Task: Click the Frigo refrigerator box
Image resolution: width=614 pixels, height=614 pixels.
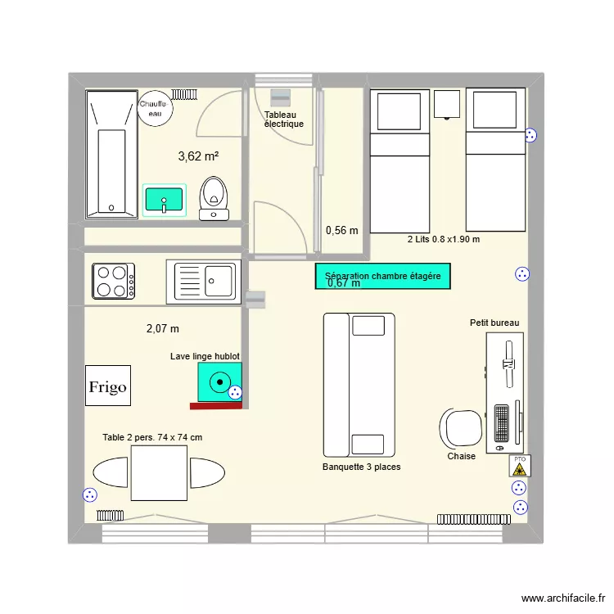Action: [x=108, y=386]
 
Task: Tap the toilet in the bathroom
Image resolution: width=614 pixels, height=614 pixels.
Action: [x=214, y=197]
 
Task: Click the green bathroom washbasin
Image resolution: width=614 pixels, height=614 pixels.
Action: [x=165, y=199]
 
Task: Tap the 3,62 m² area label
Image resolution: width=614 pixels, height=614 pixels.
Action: [x=197, y=156]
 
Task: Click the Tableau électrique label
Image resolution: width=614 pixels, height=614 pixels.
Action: [x=283, y=120]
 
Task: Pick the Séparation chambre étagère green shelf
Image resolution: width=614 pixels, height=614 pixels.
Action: [x=382, y=277]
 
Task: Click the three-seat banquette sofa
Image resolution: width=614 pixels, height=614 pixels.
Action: [x=359, y=385]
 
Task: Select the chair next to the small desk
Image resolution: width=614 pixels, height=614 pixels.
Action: [x=462, y=428]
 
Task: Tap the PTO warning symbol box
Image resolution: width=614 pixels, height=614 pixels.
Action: [x=519, y=465]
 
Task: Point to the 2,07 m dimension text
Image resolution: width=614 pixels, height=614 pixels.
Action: [x=162, y=328]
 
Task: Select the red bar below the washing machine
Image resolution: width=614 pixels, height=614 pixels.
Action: [x=215, y=405]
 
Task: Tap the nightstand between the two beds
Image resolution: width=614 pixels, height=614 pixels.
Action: [x=447, y=104]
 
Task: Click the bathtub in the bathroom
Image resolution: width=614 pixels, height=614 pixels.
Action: [x=111, y=154]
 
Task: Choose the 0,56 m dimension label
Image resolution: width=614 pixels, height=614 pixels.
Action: [x=341, y=230]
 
